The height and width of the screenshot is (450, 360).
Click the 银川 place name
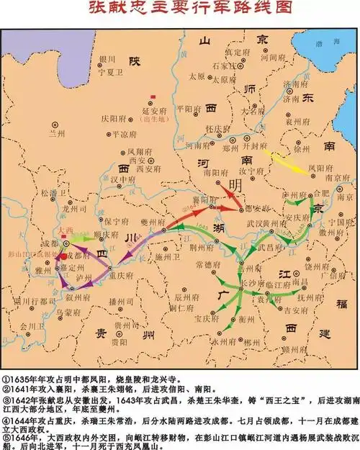108,60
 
